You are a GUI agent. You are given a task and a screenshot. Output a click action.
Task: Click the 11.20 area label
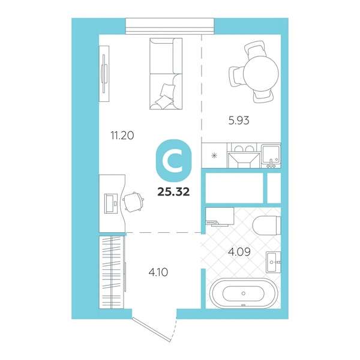[122, 136]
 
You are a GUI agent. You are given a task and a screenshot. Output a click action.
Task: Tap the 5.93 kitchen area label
[239, 121]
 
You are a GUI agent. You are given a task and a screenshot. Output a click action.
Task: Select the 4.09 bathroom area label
[239, 252]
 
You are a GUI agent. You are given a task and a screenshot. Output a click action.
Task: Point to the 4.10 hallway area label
[158, 272]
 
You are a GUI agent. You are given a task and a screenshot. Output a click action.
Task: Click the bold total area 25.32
[173, 192]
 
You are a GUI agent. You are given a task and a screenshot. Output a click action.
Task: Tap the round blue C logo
[173, 160]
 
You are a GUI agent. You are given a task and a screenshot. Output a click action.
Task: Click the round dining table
[261, 74]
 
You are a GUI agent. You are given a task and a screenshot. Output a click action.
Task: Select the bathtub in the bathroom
[244, 293]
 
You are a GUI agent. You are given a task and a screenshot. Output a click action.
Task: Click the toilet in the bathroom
[267, 225]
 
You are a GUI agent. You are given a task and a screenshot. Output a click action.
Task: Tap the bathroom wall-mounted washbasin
[273, 262]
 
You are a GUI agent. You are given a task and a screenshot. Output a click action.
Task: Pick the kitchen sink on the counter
[271, 155]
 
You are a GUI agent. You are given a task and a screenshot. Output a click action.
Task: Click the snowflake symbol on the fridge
[214, 156]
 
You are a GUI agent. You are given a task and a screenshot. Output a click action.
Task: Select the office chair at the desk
[133, 202]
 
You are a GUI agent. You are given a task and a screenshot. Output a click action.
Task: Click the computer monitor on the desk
[111, 203]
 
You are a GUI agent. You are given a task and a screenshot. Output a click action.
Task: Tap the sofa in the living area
[166, 74]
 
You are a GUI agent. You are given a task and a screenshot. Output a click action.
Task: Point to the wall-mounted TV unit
[104, 74]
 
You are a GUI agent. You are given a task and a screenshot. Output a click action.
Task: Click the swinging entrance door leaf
[151, 329]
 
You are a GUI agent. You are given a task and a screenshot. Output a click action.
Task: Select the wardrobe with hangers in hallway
[112, 272]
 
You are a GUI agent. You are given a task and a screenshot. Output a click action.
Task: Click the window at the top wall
[170, 26]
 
